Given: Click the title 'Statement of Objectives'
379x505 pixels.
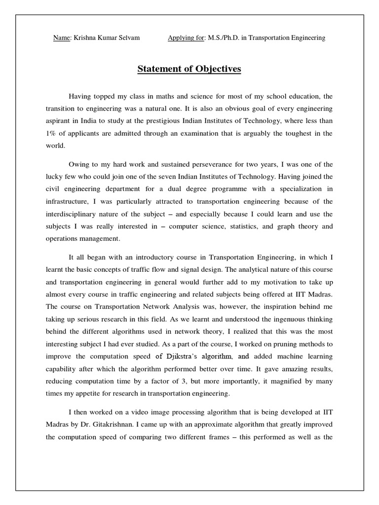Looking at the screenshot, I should (x=189, y=69).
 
